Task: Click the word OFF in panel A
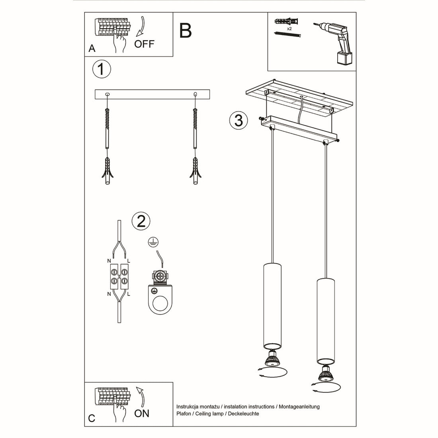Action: click(x=144, y=44)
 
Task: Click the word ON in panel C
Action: click(x=142, y=413)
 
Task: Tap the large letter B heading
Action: click(x=186, y=31)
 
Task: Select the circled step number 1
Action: click(x=101, y=69)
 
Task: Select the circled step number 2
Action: click(x=141, y=221)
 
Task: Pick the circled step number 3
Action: click(x=239, y=120)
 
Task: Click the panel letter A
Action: click(x=92, y=49)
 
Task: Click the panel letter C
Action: click(x=92, y=418)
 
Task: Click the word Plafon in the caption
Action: click(x=184, y=414)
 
